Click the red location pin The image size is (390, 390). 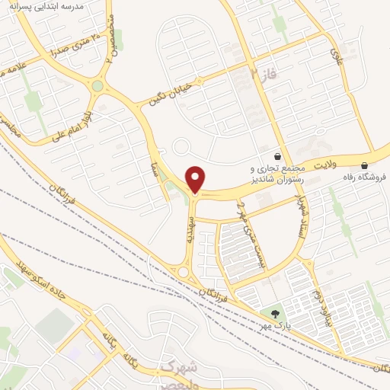197,180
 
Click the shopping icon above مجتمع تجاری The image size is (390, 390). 284,154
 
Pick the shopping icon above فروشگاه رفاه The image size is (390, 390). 365,165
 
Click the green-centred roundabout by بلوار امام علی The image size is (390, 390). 97,86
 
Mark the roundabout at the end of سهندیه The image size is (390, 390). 183,270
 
